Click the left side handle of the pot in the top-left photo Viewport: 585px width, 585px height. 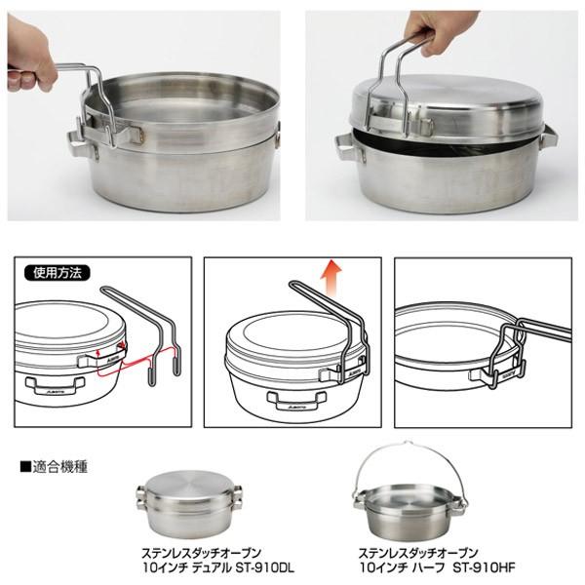click(78, 142)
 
